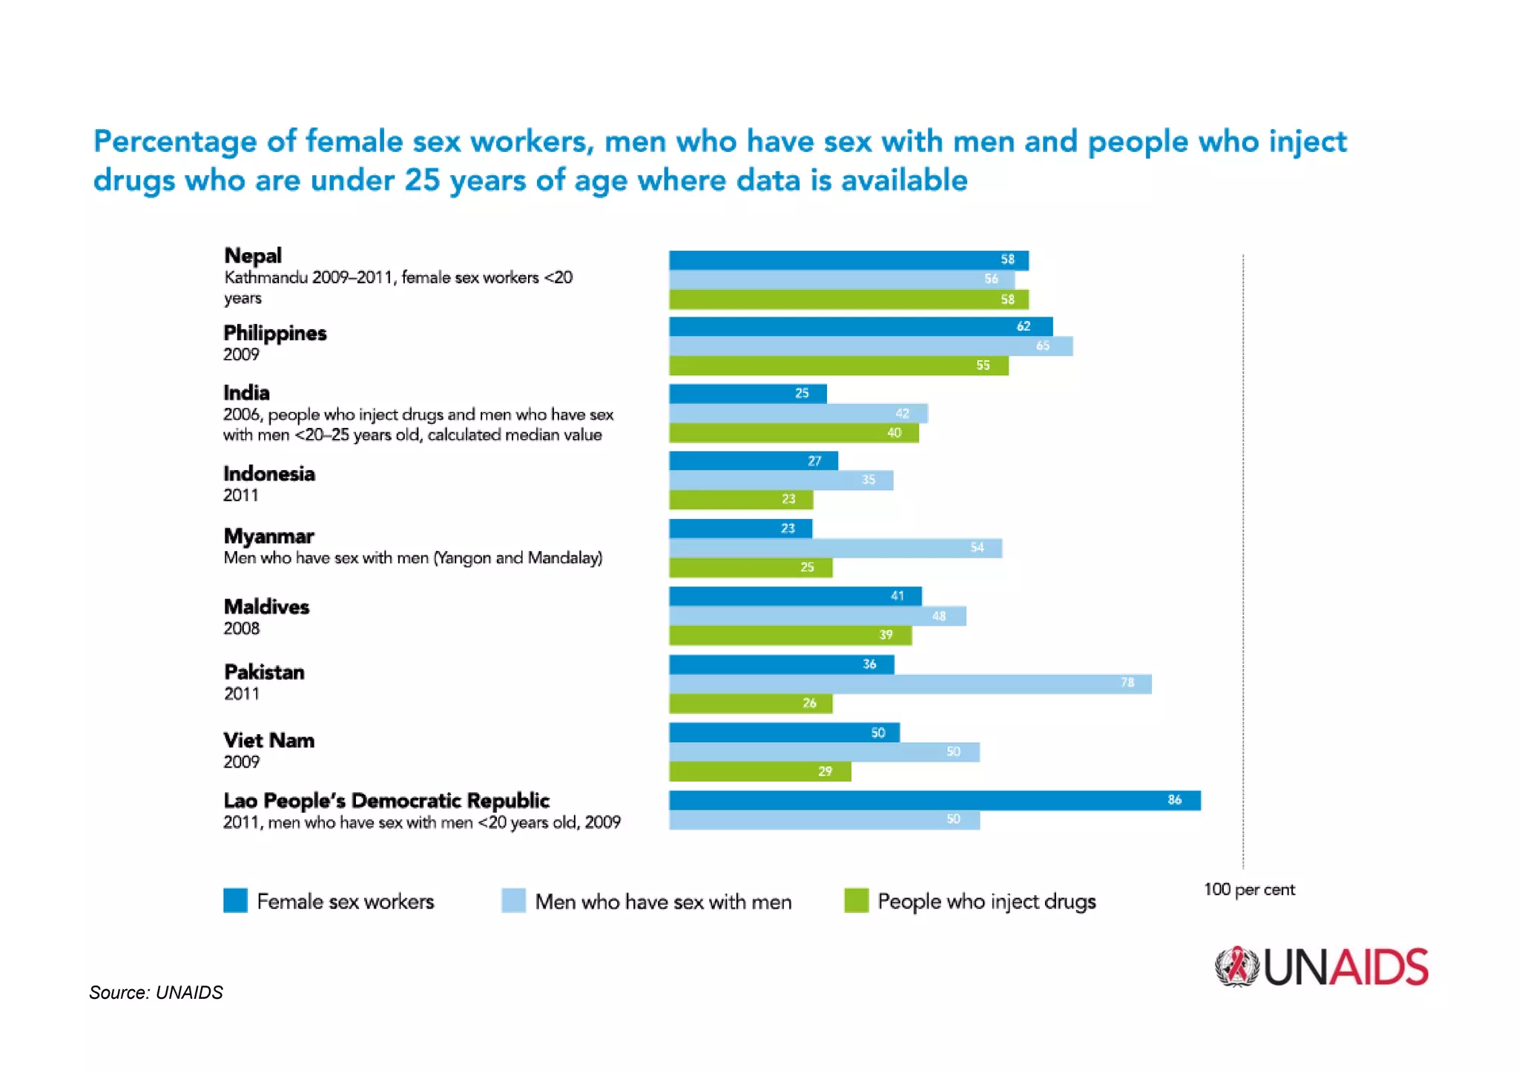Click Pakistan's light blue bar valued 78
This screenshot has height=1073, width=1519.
[910, 684]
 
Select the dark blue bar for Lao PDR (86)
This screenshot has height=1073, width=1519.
[935, 800]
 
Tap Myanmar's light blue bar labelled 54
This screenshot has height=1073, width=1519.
[835, 548]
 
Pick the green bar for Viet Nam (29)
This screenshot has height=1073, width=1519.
[759, 771]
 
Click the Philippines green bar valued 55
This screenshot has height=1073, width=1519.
[838, 366]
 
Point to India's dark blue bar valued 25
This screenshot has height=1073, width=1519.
[748, 393]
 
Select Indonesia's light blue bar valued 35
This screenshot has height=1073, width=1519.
[781, 481]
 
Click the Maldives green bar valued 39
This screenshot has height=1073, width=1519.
[790, 635]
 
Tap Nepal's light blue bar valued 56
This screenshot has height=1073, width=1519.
[842, 280]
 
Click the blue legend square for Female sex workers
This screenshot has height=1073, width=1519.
[235, 900]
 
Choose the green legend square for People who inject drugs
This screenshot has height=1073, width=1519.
[856, 900]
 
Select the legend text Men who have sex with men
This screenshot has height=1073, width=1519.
[663, 902]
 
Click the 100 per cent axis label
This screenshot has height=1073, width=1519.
[1248, 889]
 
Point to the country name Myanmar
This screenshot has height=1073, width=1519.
[268, 536]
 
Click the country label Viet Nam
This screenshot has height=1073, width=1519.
[268, 740]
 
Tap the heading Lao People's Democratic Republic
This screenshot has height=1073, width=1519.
[386, 801]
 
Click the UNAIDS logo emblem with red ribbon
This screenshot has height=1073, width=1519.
[1236, 967]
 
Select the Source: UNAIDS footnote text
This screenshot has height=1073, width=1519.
[156, 992]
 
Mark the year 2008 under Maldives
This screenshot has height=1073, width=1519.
[242, 628]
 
